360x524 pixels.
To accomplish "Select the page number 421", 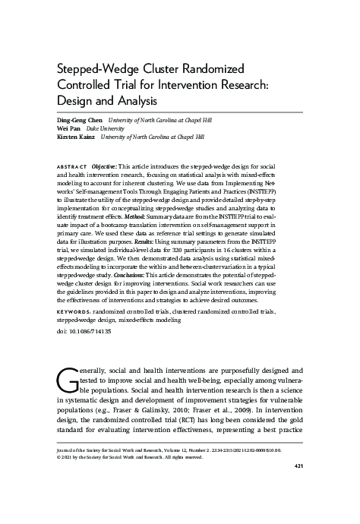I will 298,465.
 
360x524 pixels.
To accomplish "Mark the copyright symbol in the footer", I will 60,457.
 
